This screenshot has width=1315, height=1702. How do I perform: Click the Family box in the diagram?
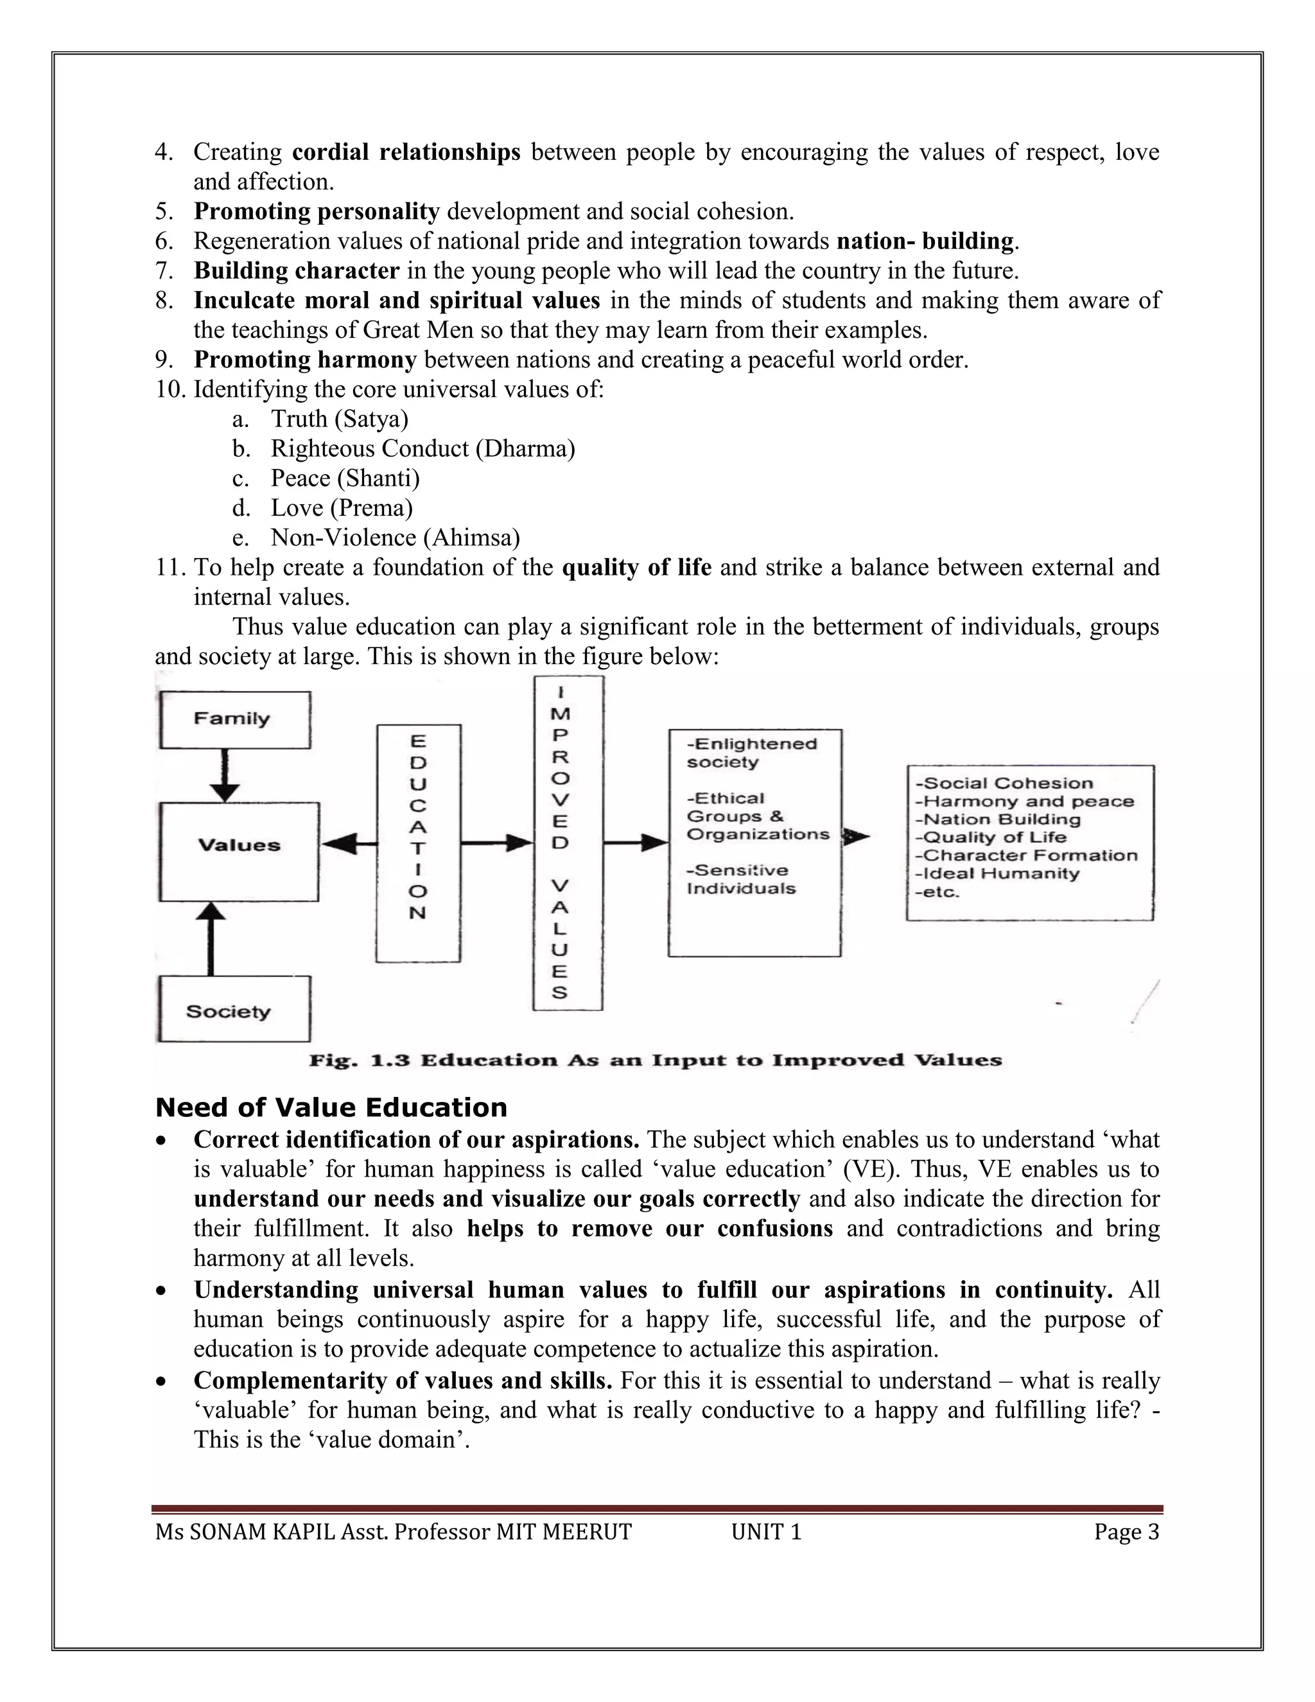click(x=234, y=719)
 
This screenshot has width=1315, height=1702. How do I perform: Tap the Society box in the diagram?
click(x=234, y=1012)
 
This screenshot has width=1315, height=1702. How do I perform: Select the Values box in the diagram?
click(x=239, y=851)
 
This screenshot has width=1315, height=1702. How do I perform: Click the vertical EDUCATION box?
click(x=419, y=843)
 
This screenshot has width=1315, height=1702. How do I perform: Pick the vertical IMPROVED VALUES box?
click(x=568, y=843)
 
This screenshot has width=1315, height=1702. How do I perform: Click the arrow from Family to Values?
click(x=225, y=775)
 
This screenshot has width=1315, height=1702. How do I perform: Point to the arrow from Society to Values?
click(x=209, y=938)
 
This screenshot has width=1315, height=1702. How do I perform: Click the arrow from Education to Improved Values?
click(x=496, y=843)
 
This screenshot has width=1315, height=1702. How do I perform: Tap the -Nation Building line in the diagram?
click(x=997, y=819)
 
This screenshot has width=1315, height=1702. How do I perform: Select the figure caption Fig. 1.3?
click(x=655, y=1060)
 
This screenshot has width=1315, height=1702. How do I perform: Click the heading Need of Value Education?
click(x=331, y=1107)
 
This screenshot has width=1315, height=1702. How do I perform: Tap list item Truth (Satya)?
click(x=339, y=419)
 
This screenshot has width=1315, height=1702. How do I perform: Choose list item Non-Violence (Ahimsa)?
click(x=395, y=538)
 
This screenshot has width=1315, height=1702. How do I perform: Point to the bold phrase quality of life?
click(x=636, y=567)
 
